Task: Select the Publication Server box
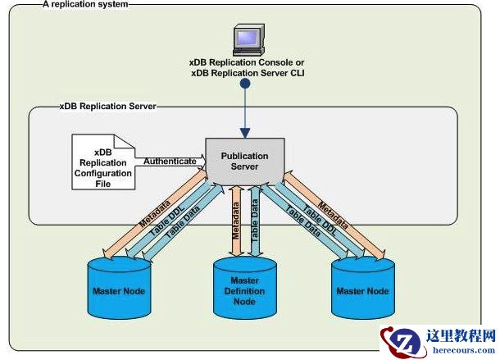point(245,161)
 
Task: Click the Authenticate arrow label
point(170,162)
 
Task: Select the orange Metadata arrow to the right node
point(343,219)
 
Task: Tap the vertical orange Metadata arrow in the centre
point(234,221)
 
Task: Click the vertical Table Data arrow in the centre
point(255,221)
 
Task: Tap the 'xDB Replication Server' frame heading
point(107,106)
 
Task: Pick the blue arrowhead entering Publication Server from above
point(244,132)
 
